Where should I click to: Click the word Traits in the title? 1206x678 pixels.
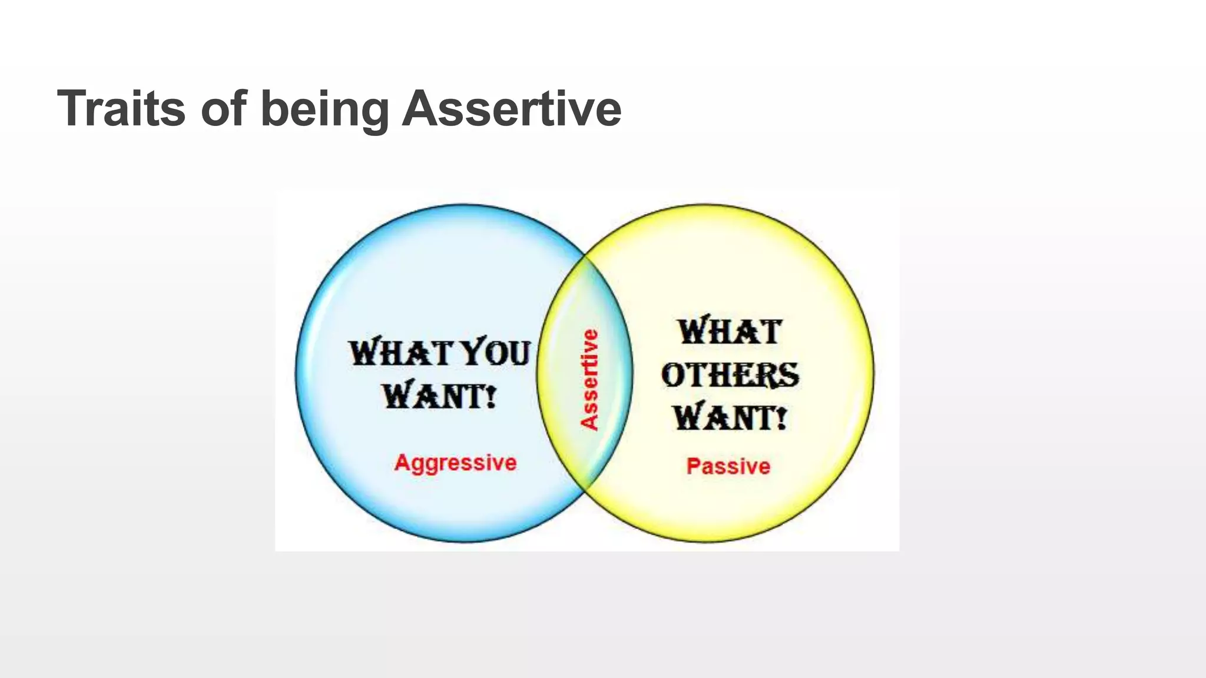[x=121, y=108]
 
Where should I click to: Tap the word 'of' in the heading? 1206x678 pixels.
[x=224, y=108]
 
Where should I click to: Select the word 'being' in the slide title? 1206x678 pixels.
[x=324, y=109]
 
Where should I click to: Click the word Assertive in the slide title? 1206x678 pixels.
[x=511, y=108]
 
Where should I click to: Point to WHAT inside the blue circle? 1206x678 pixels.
[x=400, y=353]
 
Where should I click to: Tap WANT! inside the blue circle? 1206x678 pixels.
[x=439, y=395]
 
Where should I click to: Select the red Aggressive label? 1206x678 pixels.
[x=455, y=463]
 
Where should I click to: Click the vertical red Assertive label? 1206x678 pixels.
[x=589, y=380]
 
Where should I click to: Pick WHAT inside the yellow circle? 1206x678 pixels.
[x=730, y=331]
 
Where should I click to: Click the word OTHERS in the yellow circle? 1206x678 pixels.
[x=730, y=375]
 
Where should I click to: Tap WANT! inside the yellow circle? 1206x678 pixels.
[x=730, y=418]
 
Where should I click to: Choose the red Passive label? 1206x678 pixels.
[x=728, y=466]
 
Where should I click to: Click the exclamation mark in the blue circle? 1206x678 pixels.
[x=491, y=395]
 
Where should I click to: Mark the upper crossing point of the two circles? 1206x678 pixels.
[x=585, y=256]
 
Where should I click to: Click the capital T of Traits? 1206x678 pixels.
[x=71, y=108]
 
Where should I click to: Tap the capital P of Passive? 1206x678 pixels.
[x=693, y=466]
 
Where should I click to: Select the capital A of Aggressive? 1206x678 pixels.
[x=402, y=462]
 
